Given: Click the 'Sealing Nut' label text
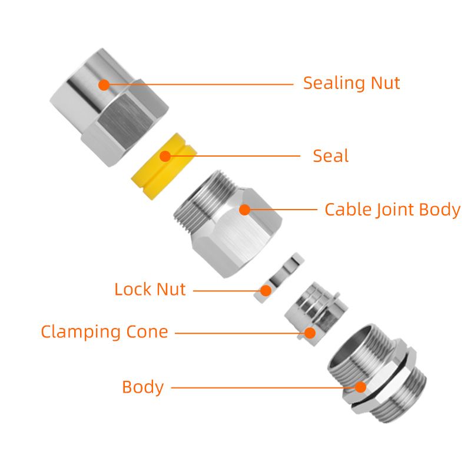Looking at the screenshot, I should pyautogui.click(x=351, y=83).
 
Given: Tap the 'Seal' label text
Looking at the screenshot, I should pyautogui.click(x=330, y=156).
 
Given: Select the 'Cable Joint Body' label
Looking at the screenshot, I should pyautogui.click(x=392, y=210).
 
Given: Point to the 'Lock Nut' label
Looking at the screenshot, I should pyautogui.click(x=150, y=290).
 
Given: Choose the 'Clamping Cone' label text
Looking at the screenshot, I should pyautogui.click(x=104, y=331).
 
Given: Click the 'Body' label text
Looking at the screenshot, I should pyautogui.click(x=142, y=387).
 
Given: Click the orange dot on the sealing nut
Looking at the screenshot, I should pyautogui.click(x=104, y=84).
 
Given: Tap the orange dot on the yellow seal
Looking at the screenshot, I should pyautogui.click(x=165, y=156).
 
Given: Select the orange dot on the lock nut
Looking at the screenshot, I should pyautogui.click(x=266, y=290).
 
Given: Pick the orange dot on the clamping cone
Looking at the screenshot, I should pyautogui.click(x=310, y=333).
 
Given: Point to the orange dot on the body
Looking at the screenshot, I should pyautogui.click(x=360, y=387).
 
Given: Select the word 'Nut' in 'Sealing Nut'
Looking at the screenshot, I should pyautogui.click(x=385, y=83).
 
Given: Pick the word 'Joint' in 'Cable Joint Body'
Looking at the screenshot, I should pyautogui.click(x=396, y=210).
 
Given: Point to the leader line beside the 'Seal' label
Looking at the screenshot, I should pyautogui.click(x=235, y=156).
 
